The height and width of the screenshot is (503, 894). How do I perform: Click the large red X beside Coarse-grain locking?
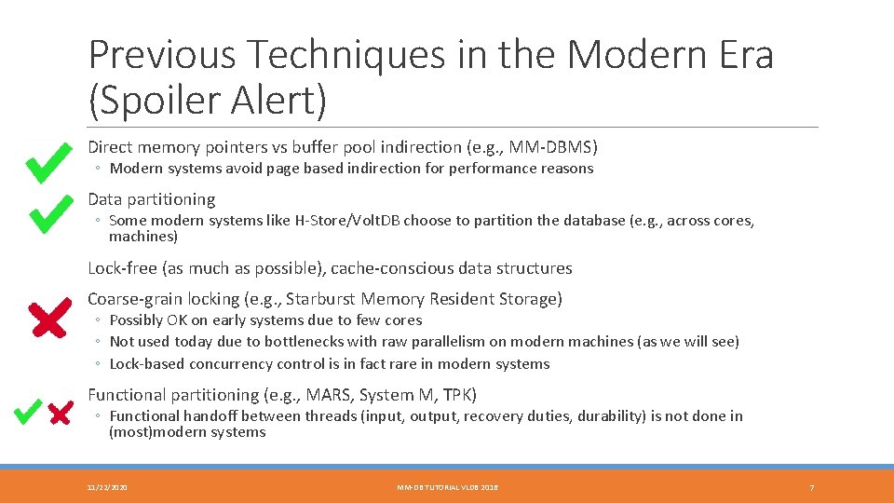tap(47, 319)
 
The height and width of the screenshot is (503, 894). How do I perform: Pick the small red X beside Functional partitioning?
tap(61, 413)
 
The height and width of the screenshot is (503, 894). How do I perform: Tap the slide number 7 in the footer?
tap(812, 487)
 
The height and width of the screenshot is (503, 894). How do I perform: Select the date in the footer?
tap(108, 487)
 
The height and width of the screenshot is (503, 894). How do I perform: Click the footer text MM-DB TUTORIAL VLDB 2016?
tap(448, 487)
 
